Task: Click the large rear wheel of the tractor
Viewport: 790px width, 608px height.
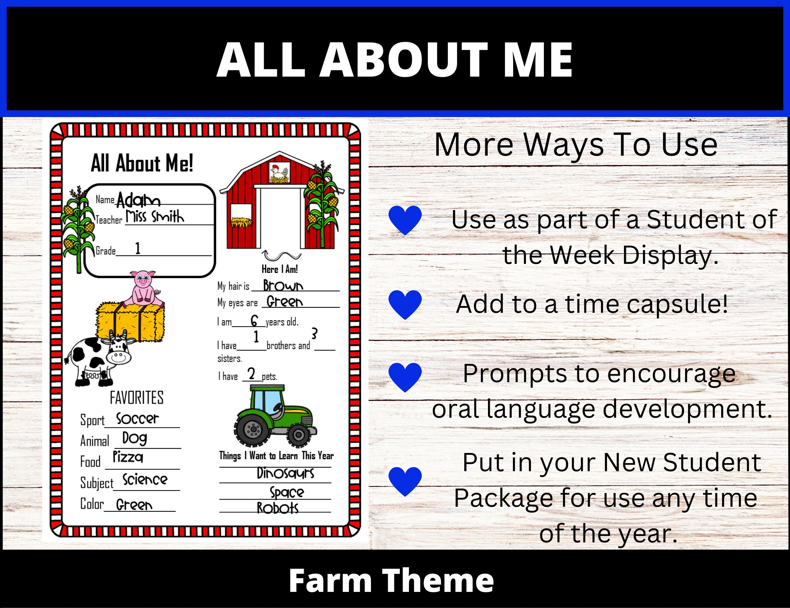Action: point(253,430)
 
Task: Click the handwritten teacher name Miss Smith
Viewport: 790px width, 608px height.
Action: point(155,217)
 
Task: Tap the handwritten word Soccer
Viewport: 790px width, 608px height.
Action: point(137,418)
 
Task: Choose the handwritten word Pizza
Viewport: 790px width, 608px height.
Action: point(128,457)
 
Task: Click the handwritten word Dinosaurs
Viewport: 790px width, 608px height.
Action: point(285,473)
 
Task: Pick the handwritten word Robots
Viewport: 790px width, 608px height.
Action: point(277,508)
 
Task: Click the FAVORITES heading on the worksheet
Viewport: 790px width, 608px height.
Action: point(136,398)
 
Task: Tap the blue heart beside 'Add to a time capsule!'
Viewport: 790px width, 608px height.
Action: point(405,304)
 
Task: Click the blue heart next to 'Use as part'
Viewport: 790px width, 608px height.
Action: point(405,220)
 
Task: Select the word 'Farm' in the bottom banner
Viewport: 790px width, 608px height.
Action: point(330,581)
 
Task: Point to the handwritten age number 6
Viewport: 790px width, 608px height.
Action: point(254,321)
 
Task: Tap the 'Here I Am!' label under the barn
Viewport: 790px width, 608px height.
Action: point(279,269)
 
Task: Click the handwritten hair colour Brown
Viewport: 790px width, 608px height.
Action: point(283,285)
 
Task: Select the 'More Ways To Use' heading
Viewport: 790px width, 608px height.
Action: point(575,145)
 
